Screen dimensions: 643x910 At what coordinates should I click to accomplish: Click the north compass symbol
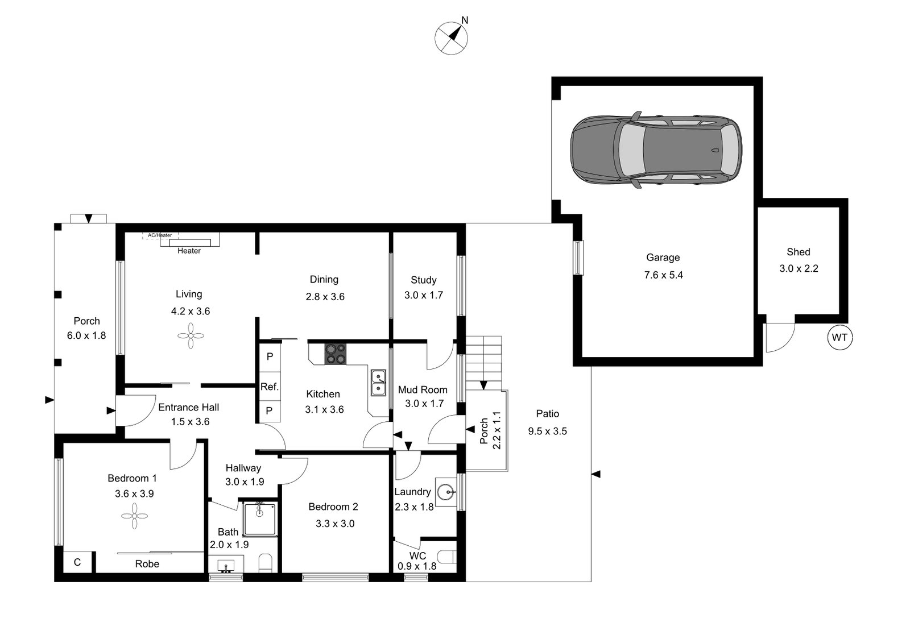(x=452, y=38)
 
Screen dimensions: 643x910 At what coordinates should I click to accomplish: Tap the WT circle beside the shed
(x=839, y=337)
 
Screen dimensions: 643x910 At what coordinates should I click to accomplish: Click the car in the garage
(x=656, y=150)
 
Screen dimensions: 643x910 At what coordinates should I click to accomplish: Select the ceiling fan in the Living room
(x=190, y=336)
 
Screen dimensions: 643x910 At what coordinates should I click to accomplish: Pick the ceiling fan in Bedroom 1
(x=134, y=518)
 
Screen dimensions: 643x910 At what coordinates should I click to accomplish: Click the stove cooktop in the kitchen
(x=336, y=354)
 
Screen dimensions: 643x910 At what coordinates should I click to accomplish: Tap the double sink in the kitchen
(x=378, y=382)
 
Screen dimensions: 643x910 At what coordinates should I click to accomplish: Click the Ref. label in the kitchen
(x=270, y=387)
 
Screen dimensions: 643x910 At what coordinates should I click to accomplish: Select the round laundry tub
(x=447, y=491)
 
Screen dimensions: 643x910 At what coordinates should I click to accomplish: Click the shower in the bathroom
(x=260, y=518)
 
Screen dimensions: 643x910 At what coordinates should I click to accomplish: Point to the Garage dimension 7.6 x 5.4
(x=663, y=275)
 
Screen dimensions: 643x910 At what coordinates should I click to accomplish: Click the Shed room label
(x=799, y=252)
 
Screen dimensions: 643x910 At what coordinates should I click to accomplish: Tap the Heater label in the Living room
(x=189, y=251)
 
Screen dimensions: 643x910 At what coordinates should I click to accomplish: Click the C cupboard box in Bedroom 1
(x=77, y=562)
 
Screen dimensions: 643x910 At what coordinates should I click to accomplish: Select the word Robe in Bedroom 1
(x=147, y=564)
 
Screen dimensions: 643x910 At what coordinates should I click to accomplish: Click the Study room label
(x=424, y=280)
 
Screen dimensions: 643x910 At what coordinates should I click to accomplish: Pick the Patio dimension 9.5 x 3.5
(x=547, y=431)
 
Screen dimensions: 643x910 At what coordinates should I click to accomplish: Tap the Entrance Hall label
(x=188, y=407)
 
